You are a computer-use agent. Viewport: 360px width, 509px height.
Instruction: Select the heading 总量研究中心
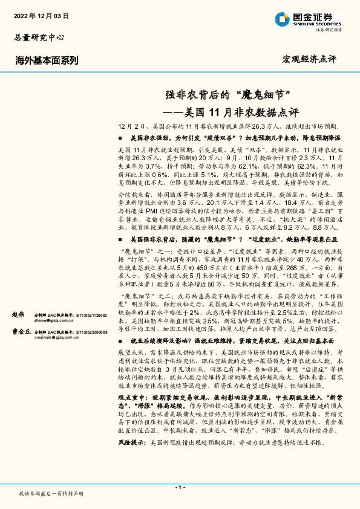click(x=38, y=37)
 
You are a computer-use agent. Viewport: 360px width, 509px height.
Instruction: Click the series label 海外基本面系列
click(x=47, y=60)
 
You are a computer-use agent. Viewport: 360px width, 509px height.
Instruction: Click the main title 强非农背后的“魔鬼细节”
click(x=230, y=95)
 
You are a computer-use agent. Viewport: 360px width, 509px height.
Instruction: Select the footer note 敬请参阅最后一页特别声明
click(x=51, y=494)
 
